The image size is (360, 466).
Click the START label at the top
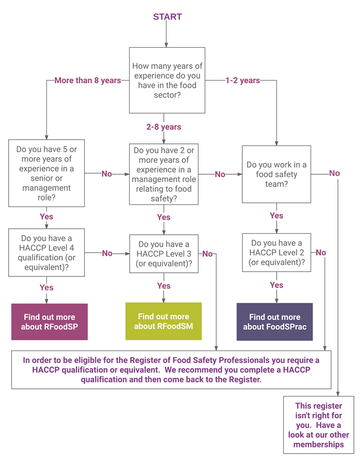click(x=167, y=16)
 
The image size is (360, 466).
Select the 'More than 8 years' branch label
click(x=88, y=81)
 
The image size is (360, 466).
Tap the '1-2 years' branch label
click(x=242, y=81)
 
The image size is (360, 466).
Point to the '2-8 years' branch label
click(x=164, y=127)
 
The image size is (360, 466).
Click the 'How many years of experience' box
click(x=167, y=80)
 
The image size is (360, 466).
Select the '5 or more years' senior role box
click(x=46, y=173)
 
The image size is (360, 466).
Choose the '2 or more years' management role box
click(x=164, y=174)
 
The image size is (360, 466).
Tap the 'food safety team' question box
click(x=276, y=174)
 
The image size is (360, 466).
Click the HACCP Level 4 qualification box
click(x=46, y=253)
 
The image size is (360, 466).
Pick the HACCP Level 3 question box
click(x=164, y=254)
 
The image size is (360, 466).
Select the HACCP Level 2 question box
click(x=276, y=253)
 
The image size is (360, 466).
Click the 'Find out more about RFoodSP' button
click(x=49, y=322)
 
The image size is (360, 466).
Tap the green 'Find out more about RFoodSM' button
click(x=164, y=321)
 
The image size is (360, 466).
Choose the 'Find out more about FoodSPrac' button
click(x=275, y=322)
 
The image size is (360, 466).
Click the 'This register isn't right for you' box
click(x=319, y=425)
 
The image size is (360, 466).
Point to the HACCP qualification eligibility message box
click(x=171, y=370)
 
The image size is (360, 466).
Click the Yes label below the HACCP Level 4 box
click(x=46, y=287)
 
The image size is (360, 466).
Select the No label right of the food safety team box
click(x=334, y=173)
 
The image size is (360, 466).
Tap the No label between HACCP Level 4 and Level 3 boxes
click(x=107, y=253)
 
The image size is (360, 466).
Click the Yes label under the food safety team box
click(x=276, y=215)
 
